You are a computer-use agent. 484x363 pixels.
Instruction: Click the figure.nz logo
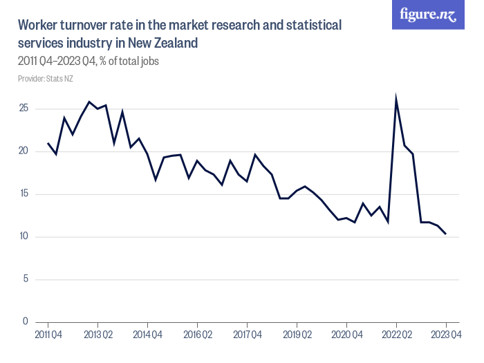(429, 15)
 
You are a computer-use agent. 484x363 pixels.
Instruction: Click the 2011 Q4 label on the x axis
(48, 335)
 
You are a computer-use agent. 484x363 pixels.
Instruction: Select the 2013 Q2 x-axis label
(97, 335)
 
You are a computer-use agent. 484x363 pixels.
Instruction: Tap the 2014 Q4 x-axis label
(147, 335)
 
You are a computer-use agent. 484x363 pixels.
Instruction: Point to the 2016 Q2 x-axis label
(197, 335)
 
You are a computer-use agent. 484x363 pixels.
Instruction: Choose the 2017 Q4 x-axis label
(247, 335)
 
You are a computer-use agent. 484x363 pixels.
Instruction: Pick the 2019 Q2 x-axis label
(297, 335)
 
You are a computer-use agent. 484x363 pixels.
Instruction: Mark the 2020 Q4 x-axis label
(346, 335)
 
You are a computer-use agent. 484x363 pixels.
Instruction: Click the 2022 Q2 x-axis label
(396, 335)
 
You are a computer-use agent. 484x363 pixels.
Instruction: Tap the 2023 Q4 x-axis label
(446, 335)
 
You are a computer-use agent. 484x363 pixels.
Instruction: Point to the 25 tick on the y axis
(24, 109)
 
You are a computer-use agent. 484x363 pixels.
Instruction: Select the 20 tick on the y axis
(24, 151)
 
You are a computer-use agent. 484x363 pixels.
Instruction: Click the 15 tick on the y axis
(24, 194)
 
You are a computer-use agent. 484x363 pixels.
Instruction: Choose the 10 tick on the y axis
(24, 237)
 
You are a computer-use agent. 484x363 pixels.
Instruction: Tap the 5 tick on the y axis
(25, 279)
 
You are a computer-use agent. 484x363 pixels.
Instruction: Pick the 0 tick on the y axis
(25, 322)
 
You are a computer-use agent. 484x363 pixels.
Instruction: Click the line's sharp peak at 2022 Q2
(396, 99)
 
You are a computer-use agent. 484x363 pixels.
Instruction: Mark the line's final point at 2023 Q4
(446, 234)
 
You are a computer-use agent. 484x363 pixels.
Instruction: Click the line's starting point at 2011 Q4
(48, 143)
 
